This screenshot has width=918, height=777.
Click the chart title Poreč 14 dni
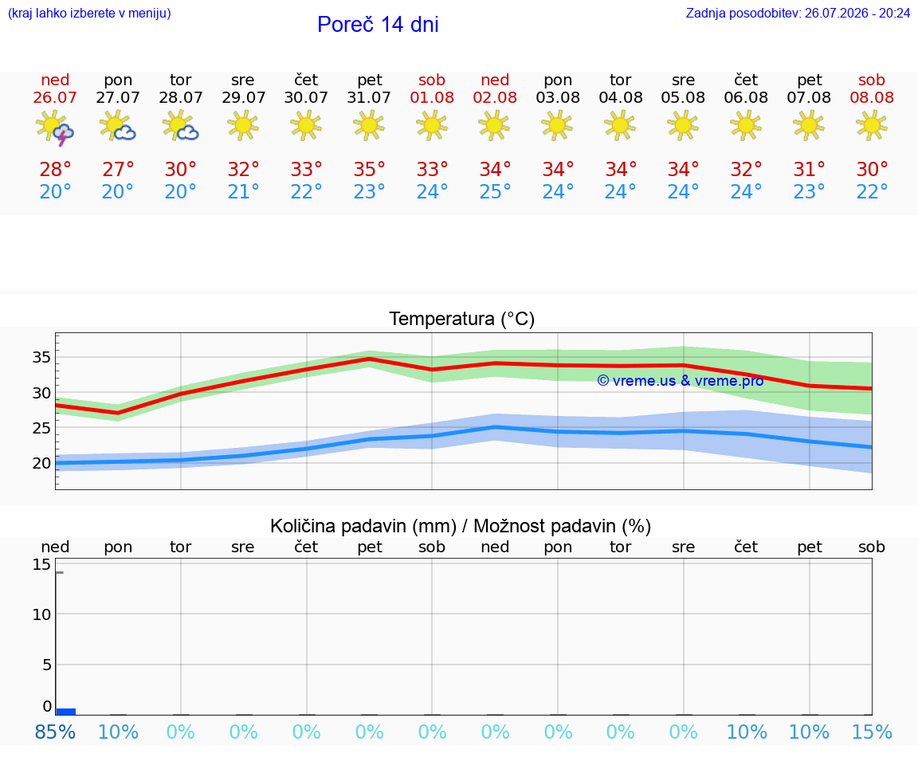point(378,25)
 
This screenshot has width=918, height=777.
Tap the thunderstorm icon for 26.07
point(54,127)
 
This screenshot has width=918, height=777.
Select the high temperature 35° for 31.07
point(369,169)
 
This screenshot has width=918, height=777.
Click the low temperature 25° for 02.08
point(495,191)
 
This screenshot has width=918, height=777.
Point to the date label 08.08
point(872,98)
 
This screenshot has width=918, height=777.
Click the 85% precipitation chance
point(55,732)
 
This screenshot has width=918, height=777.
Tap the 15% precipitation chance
point(872,732)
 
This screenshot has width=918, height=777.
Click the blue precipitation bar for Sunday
point(65,712)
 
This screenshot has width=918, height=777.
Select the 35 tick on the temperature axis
point(41,357)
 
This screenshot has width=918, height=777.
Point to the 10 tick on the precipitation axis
point(41,614)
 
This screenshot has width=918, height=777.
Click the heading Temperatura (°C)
point(462,319)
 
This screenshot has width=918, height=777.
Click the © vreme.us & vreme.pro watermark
point(681,381)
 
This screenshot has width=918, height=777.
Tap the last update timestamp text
point(798,13)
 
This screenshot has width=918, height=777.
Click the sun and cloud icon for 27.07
point(118,127)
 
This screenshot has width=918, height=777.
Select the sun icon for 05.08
point(683,127)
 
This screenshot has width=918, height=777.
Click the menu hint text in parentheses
point(89,13)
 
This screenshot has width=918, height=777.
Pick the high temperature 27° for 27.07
point(118,169)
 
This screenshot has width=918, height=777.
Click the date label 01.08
point(432,98)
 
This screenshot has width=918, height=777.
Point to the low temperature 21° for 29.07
point(243,191)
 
